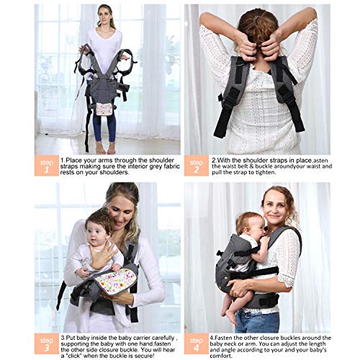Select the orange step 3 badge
tap(47, 344)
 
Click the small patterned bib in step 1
tap(105, 108)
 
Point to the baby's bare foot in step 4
tap(230, 317)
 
